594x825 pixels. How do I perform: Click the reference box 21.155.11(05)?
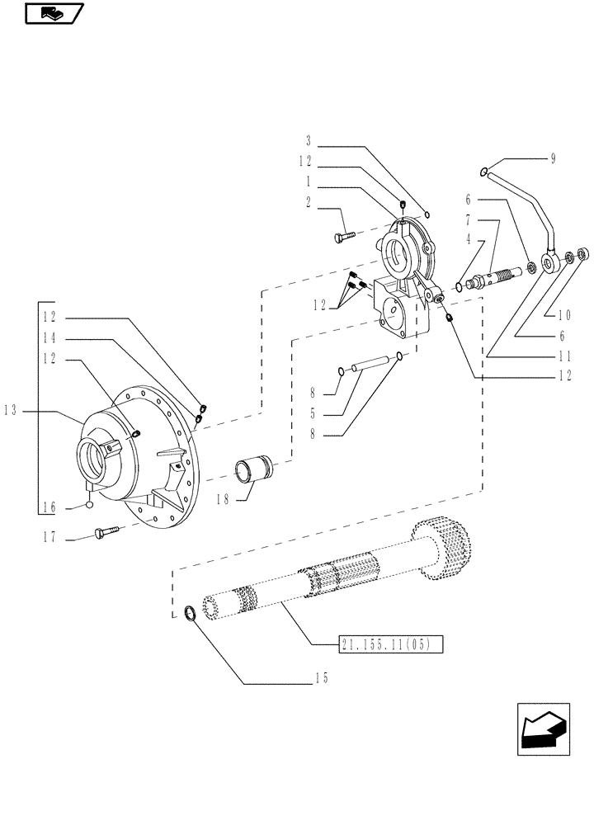pos(390,643)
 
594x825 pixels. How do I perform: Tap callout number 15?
pos(322,678)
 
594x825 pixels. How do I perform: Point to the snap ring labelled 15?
pos(190,614)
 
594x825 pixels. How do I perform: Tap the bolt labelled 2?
pos(345,237)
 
